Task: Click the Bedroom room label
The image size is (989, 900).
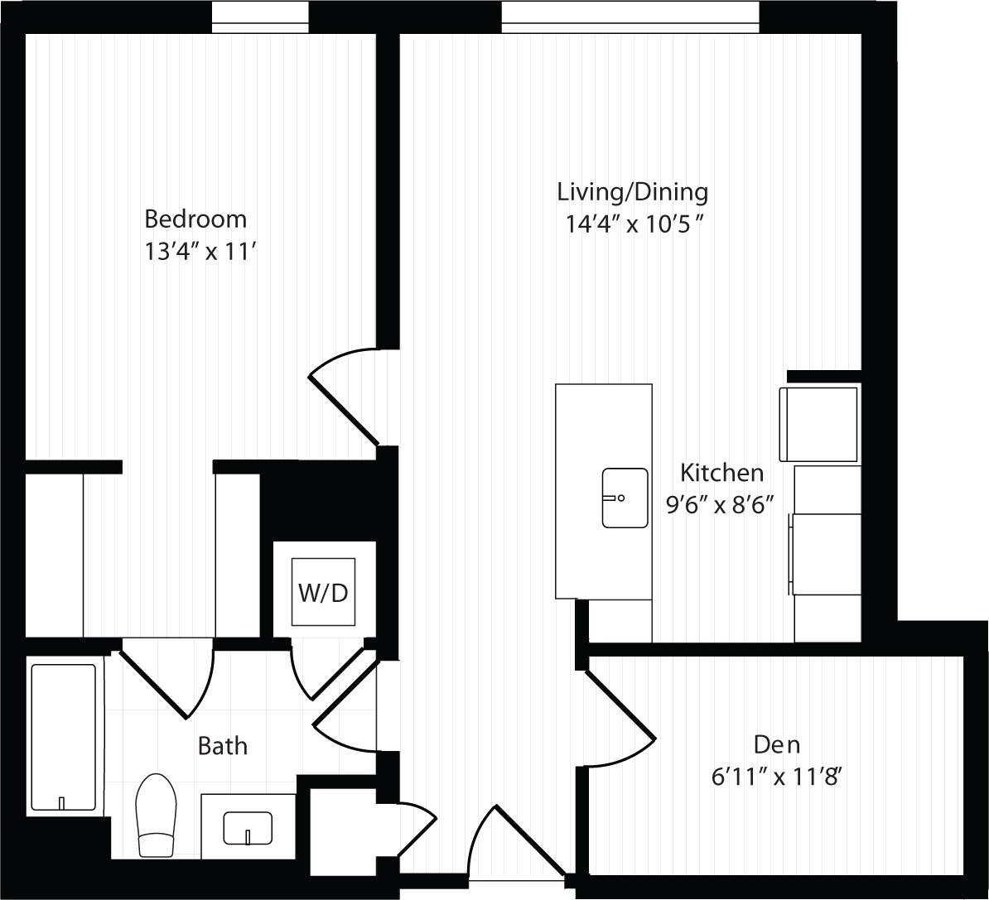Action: (x=195, y=219)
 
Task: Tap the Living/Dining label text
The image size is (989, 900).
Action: (x=633, y=192)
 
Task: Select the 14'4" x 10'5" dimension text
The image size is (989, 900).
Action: (x=634, y=224)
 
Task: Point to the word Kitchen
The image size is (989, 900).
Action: (x=721, y=473)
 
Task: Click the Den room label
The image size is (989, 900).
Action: (x=777, y=745)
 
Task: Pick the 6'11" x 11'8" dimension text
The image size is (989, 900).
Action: (x=777, y=777)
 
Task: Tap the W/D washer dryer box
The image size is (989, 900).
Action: (x=323, y=592)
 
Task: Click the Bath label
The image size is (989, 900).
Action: (x=223, y=746)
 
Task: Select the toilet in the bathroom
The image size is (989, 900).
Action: (x=156, y=815)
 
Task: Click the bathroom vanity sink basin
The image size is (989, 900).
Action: (x=248, y=828)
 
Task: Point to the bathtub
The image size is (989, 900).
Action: (x=63, y=737)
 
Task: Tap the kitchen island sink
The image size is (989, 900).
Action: (x=625, y=498)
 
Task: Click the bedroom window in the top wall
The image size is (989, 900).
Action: (x=260, y=17)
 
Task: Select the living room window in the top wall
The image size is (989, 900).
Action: (x=630, y=17)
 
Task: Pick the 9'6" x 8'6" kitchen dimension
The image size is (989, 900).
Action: (x=721, y=504)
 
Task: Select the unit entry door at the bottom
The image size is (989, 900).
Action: (x=530, y=841)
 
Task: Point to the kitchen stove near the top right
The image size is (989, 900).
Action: (x=818, y=424)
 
